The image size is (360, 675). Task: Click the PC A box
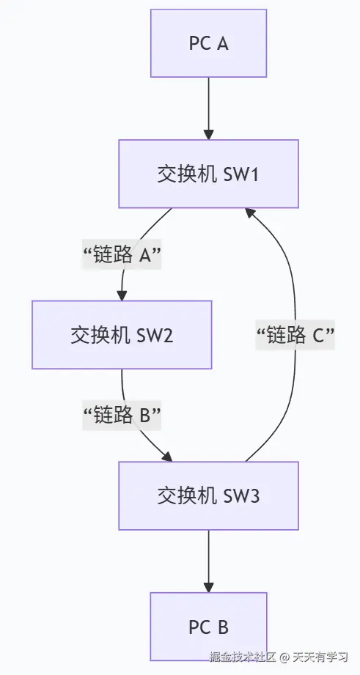point(209,43)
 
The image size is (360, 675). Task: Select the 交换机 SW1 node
point(209,174)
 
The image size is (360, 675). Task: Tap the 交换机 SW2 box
point(122,334)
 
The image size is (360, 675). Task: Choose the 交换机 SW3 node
point(209,495)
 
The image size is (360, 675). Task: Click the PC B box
point(209,627)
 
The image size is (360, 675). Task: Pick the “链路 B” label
point(122,415)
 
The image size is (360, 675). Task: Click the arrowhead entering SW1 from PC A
point(209,135)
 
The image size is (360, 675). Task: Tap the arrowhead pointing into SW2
point(122,295)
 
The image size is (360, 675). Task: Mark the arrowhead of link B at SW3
point(167,457)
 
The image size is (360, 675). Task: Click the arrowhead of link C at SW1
point(250,212)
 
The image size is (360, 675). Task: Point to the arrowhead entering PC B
point(209,588)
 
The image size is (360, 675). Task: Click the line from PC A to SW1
point(209,103)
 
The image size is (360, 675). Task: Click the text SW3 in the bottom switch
point(239,495)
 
